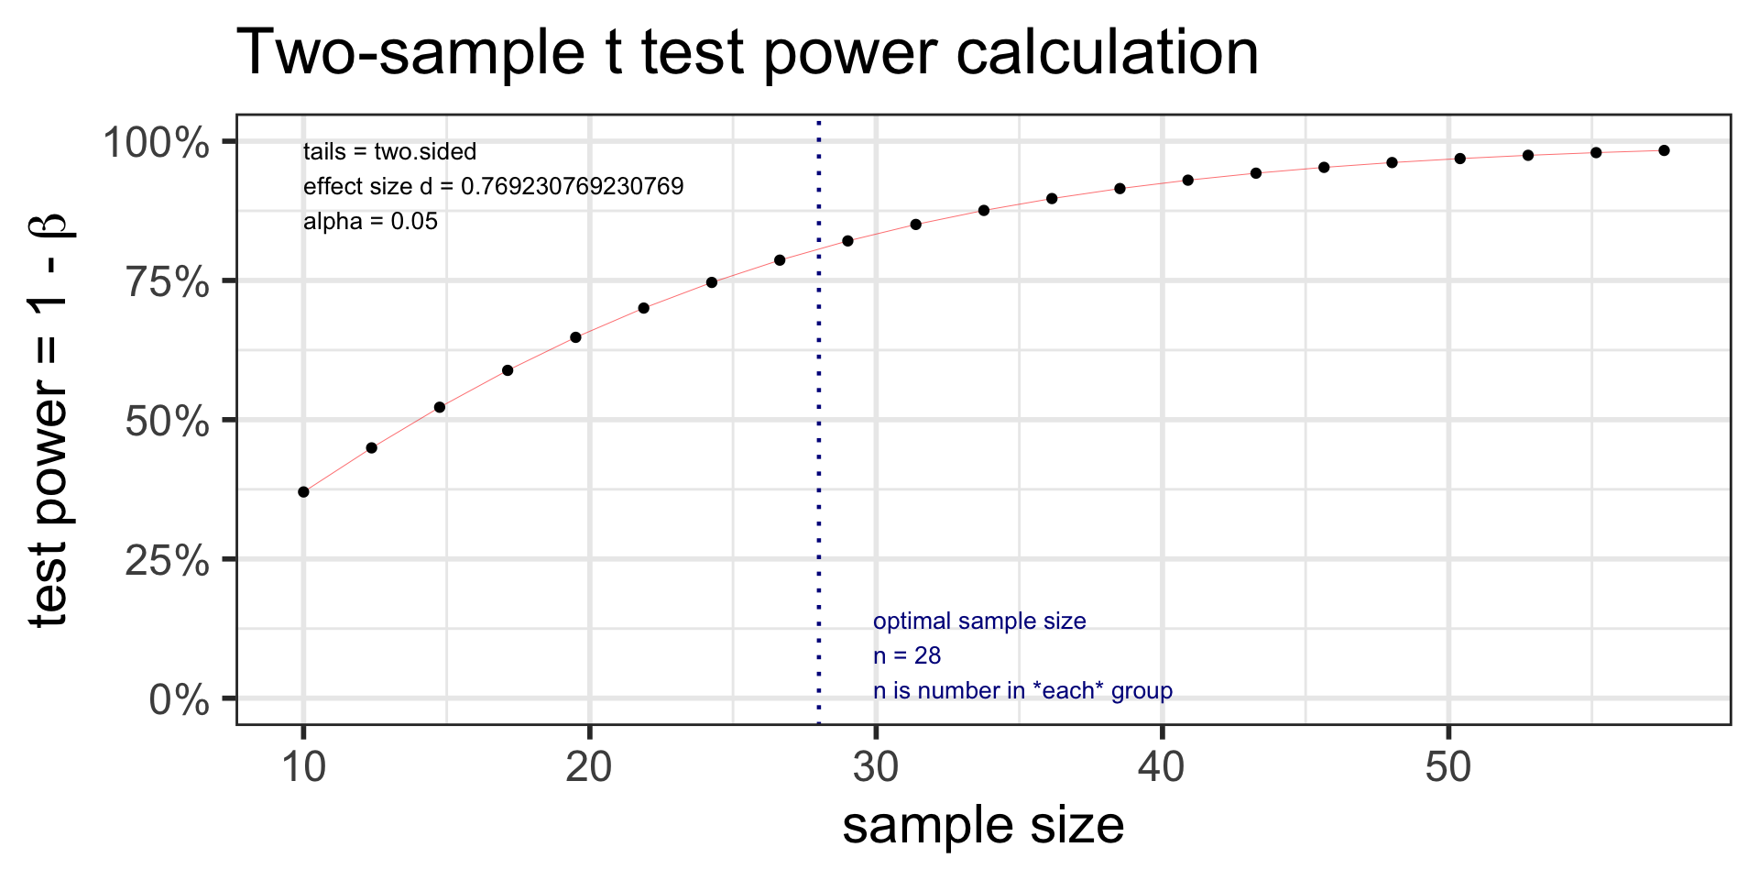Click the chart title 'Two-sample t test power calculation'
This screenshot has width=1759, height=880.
click(748, 52)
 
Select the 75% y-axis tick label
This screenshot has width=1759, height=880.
click(168, 282)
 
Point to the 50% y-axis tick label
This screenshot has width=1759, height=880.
click(168, 422)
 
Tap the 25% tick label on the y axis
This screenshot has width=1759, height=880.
click(168, 561)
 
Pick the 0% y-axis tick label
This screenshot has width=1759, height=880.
click(180, 700)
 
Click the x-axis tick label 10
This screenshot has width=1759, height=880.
click(303, 766)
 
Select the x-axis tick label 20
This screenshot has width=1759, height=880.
click(589, 766)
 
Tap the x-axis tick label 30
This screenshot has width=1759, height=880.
click(876, 766)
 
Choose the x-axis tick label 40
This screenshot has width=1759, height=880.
click(1162, 766)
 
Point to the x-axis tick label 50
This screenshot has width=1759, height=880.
click(1448, 766)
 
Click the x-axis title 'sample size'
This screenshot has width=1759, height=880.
click(983, 826)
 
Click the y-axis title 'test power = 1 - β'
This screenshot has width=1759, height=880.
click(49, 420)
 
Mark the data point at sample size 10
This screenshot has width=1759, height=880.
click(303, 492)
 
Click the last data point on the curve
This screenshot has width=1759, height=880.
click(1664, 150)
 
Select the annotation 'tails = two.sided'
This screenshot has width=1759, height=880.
click(389, 152)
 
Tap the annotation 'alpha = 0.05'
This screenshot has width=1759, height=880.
click(370, 222)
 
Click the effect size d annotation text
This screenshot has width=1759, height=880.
click(493, 187)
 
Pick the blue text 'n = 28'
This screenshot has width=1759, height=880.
click(907, 656)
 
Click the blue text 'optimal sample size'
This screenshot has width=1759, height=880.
click(979, 621)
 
